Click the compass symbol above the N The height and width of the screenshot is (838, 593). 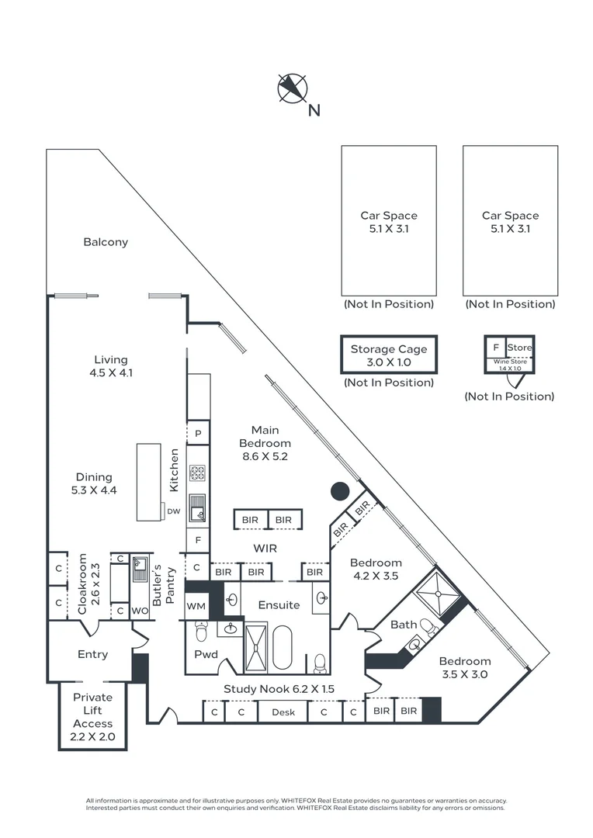point(292,88)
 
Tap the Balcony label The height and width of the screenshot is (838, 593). point(106,242)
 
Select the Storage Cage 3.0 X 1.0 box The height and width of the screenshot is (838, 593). point(389,355)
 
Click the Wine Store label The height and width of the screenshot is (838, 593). point(509,362)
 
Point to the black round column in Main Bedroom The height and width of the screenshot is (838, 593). point(339,491)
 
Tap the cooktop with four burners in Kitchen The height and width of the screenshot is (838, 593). point(198,472)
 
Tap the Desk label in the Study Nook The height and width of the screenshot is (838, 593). point(283,712)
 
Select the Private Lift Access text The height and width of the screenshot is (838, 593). point(93,717)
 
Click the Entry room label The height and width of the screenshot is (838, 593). point(93,654)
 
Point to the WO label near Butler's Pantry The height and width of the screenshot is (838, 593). point(140,611)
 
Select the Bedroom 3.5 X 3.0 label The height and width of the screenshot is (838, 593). point(465,667)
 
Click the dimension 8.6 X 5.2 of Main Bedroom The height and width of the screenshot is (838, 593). point(265,456)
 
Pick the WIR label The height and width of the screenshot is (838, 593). point(265,548)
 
